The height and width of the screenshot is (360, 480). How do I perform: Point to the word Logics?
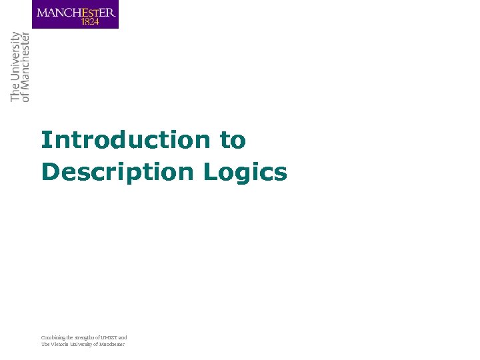pos(245,172)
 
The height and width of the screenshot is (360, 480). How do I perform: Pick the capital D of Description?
pos(49,172)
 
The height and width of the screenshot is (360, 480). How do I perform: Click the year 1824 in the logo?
pos(90,21)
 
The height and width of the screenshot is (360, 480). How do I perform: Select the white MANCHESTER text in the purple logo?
pos(75,12)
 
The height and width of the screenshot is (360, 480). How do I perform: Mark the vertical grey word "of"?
pos(26,97)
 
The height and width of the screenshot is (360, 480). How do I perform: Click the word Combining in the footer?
pos(53,337)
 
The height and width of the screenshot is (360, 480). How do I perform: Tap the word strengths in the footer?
pos(85,337)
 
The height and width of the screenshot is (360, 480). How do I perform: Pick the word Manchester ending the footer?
pos(113,344)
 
